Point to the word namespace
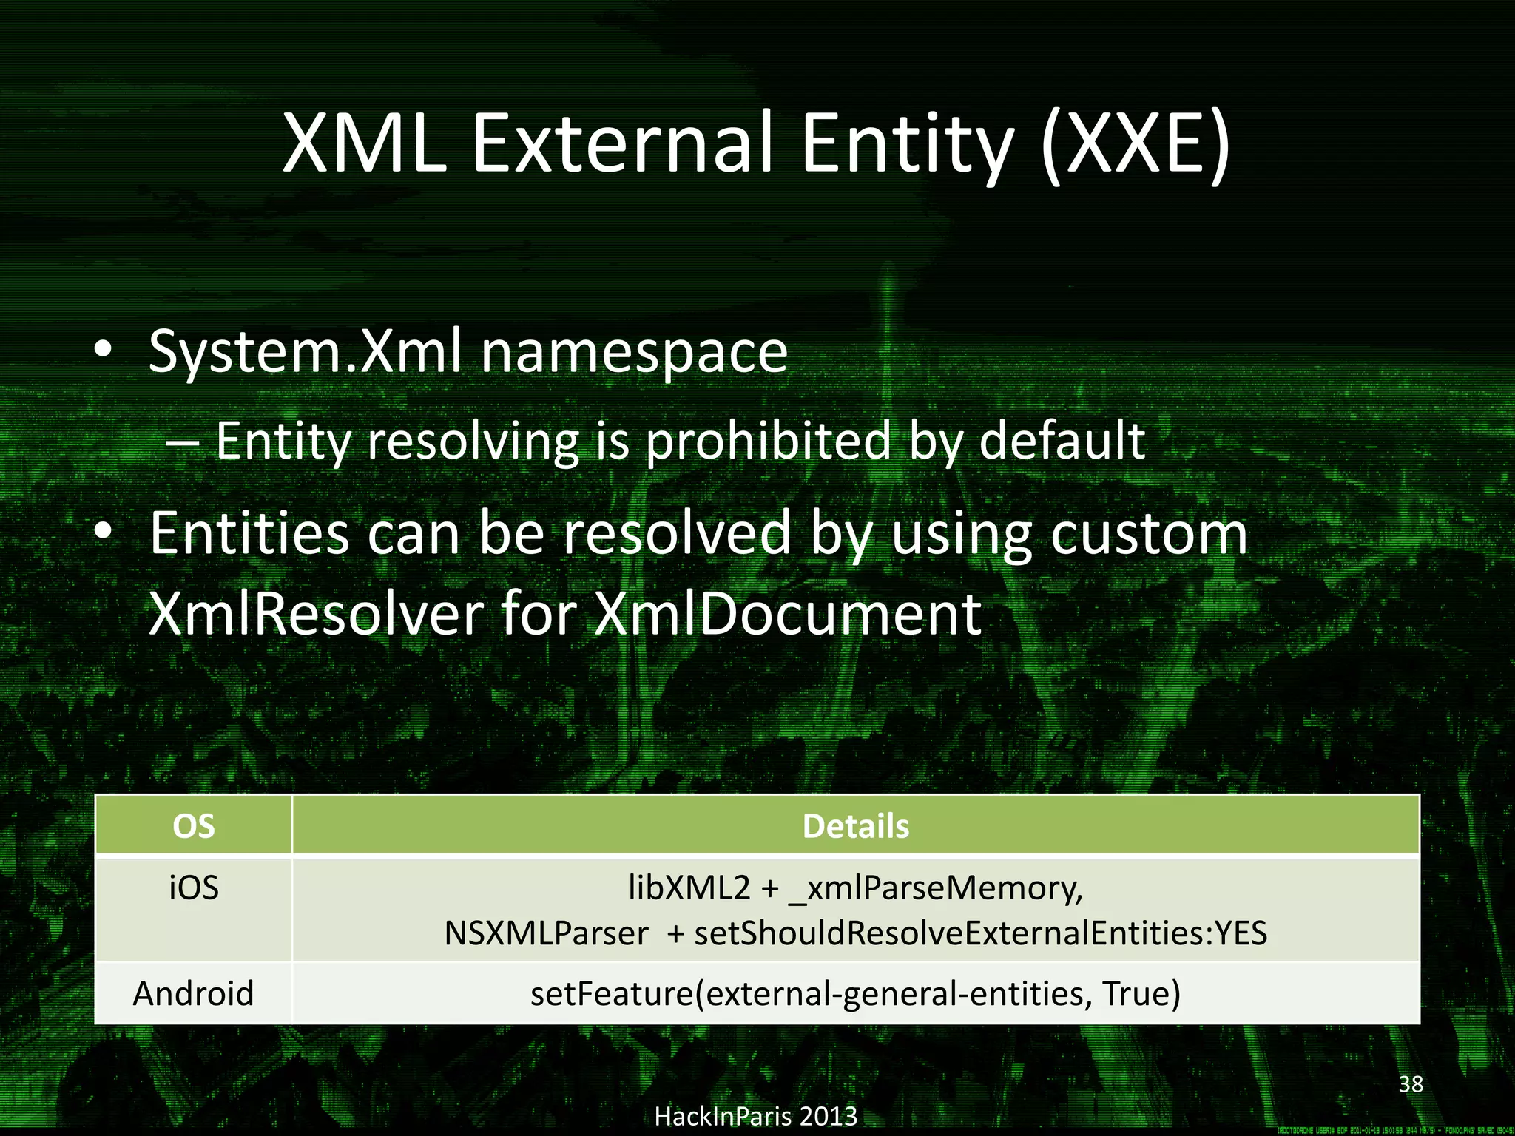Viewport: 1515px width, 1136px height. tap(634, 354)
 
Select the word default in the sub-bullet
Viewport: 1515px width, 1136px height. tap(1062, 440)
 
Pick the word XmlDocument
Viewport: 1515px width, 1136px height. tap(788, 614)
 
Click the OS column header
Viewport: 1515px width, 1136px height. tap(193, 826)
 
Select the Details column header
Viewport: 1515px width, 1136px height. tap(855, 826)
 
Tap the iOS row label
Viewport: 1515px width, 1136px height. tap(194, 887)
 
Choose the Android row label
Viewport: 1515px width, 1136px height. tap(193, 993)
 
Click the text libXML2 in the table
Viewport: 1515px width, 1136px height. tap(689, 887)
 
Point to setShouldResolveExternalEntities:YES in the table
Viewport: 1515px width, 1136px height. tap(980, 933)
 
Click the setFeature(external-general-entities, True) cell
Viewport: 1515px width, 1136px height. tap(855, 993)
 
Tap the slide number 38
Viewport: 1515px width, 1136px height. tap(1411, 1084)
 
